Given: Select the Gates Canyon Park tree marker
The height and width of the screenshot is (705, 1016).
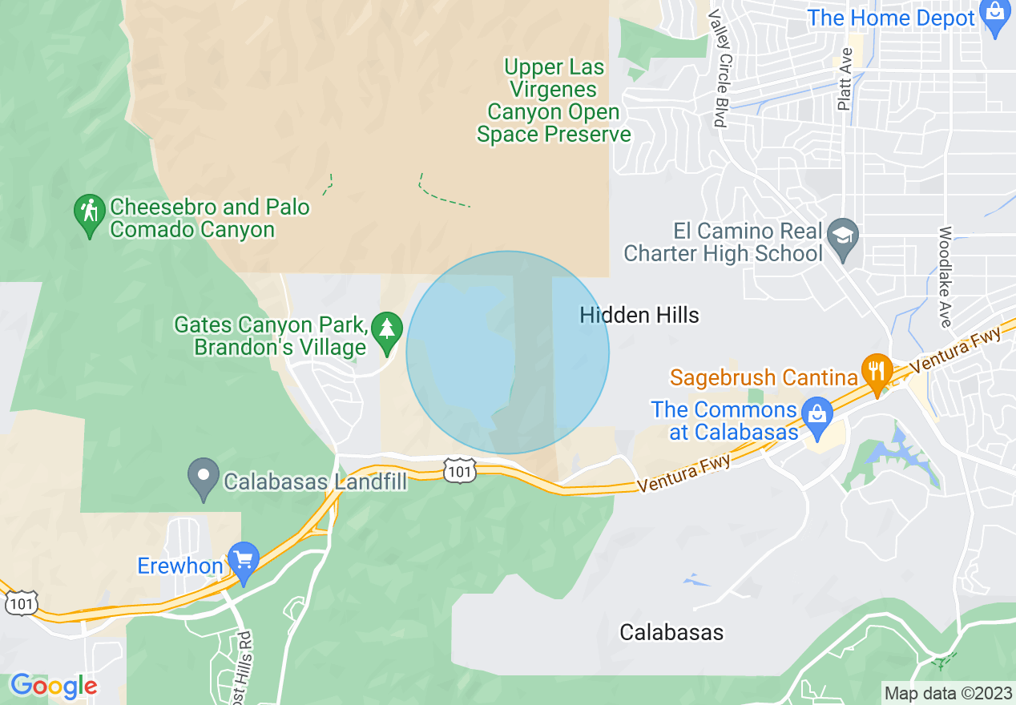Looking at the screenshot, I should (x=388, y=331).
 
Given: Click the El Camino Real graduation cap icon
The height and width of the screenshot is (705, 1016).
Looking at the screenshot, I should (x=843, y=237).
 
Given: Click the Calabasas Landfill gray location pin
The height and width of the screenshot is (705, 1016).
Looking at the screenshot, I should (x=204, y=477).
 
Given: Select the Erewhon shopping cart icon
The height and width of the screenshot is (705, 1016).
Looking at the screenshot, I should (x=243, y=562).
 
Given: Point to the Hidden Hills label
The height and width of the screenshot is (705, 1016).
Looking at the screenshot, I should (x=639, y=316).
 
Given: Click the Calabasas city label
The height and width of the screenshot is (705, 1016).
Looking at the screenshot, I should (x=671, y=632).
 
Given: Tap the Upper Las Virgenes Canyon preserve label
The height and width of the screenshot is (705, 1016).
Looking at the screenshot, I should (x=554, y=101).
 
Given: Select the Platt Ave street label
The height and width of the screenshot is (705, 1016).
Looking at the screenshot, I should (x=844, y=79).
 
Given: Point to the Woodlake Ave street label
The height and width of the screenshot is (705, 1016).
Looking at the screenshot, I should (x=945, y=276).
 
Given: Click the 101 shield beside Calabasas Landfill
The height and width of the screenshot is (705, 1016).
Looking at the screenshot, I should (x=460, y=471).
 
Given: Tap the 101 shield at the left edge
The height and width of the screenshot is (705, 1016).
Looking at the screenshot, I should (x=21, y=602).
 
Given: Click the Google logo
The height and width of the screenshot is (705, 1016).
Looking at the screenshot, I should (x=54, y=687).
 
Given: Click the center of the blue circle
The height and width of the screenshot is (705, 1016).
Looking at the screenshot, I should (x=508, y=352).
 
